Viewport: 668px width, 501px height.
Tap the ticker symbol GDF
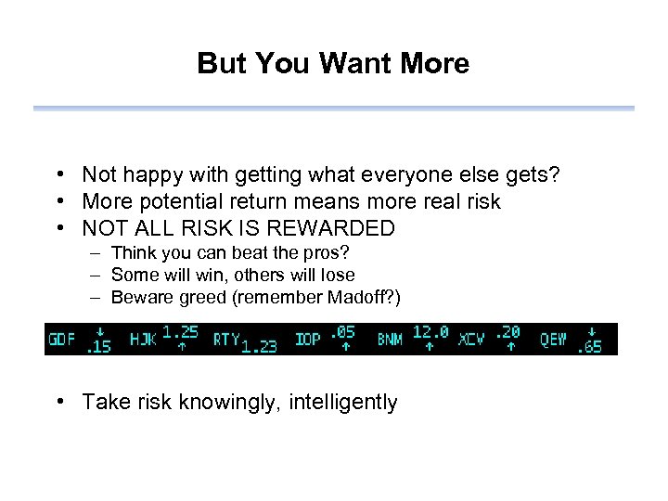click(61, 339)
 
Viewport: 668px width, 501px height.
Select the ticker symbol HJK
click(143, 339)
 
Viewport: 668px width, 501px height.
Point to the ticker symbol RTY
click(226, 339)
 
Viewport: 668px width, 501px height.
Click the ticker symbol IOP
click(307, 339)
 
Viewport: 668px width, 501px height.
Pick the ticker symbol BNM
click(390, 339)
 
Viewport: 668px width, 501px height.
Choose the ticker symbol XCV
click(471, 339)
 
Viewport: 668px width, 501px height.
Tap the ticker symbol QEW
click(554, 339)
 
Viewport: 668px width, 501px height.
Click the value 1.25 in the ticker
click(181, 331)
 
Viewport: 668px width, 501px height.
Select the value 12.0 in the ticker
click(430, 331)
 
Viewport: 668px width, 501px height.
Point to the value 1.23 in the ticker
click(259, 347)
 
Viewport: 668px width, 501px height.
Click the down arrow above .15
click(100, 331)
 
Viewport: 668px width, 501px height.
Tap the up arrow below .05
click(345, 347)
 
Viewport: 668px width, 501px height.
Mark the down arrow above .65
click(591, 331)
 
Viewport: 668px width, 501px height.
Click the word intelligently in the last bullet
click(343, 402)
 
